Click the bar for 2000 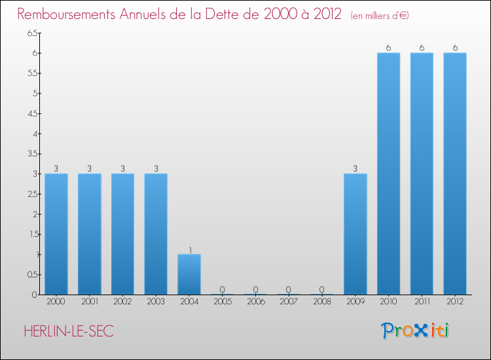click(56, 234)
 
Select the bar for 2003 click(156, 234)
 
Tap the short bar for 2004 click(189, 274)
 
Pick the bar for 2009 click(355, 234)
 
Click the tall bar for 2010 click(389, 173)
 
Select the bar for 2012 click(455, 173)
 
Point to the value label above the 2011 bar click(422, 48)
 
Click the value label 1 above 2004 click(189, 249)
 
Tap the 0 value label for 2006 click(256, 289)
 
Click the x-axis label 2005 click(223, 302)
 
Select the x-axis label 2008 click(322, 302)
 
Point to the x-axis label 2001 click(90, 302)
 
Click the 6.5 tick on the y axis click(32, 33)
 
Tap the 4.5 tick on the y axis click(32, 113)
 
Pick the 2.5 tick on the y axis click(32, 194)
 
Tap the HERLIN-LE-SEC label click(69, 332)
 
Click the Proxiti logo click(416, 331)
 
